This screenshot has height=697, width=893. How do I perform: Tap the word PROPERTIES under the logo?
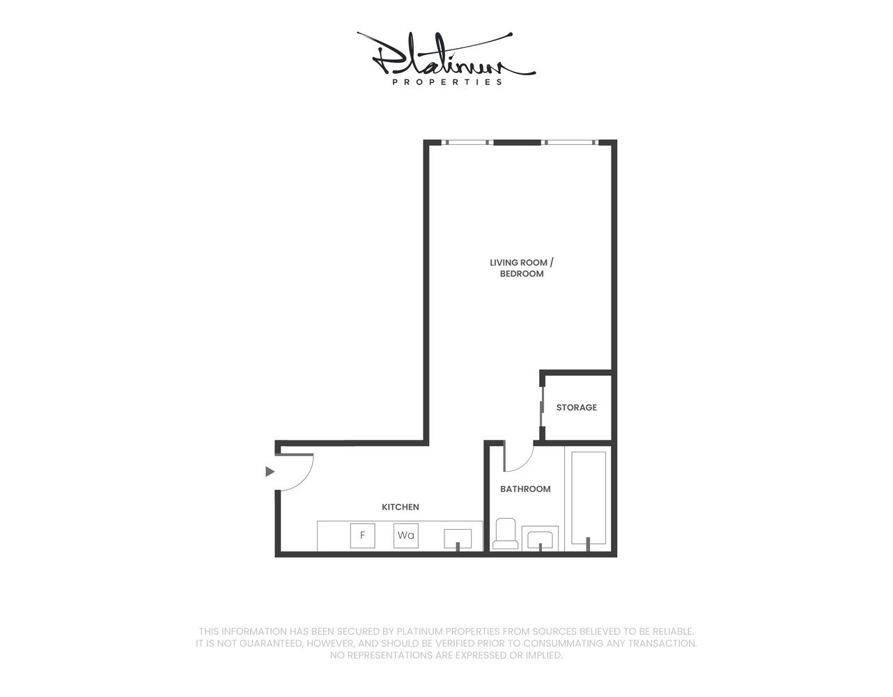click(x=447, y=82)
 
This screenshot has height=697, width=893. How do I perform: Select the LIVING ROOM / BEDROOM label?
click(x=522, y=268)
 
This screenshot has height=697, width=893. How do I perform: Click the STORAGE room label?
click(x=576, y=408)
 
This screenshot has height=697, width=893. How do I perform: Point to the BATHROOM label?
click(x=525, y=489)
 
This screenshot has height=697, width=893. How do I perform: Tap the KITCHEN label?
click(x=401, y=507)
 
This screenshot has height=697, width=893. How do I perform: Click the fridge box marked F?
click(x=362, y=536)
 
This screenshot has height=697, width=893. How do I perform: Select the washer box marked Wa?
click(x=405, y=536)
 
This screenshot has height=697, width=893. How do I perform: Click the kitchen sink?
click(x=458, y=539)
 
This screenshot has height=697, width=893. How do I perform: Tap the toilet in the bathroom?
click(x=505, y=534)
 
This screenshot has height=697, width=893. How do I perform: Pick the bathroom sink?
click(x=540, y=539)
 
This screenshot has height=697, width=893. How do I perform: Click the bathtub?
click(x=589, y=498)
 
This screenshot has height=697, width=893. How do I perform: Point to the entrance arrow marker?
click(x=270, y=472)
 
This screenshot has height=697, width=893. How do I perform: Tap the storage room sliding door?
click(x=542, y=406)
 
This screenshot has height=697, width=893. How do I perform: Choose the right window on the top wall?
click(x=570, y=143)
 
